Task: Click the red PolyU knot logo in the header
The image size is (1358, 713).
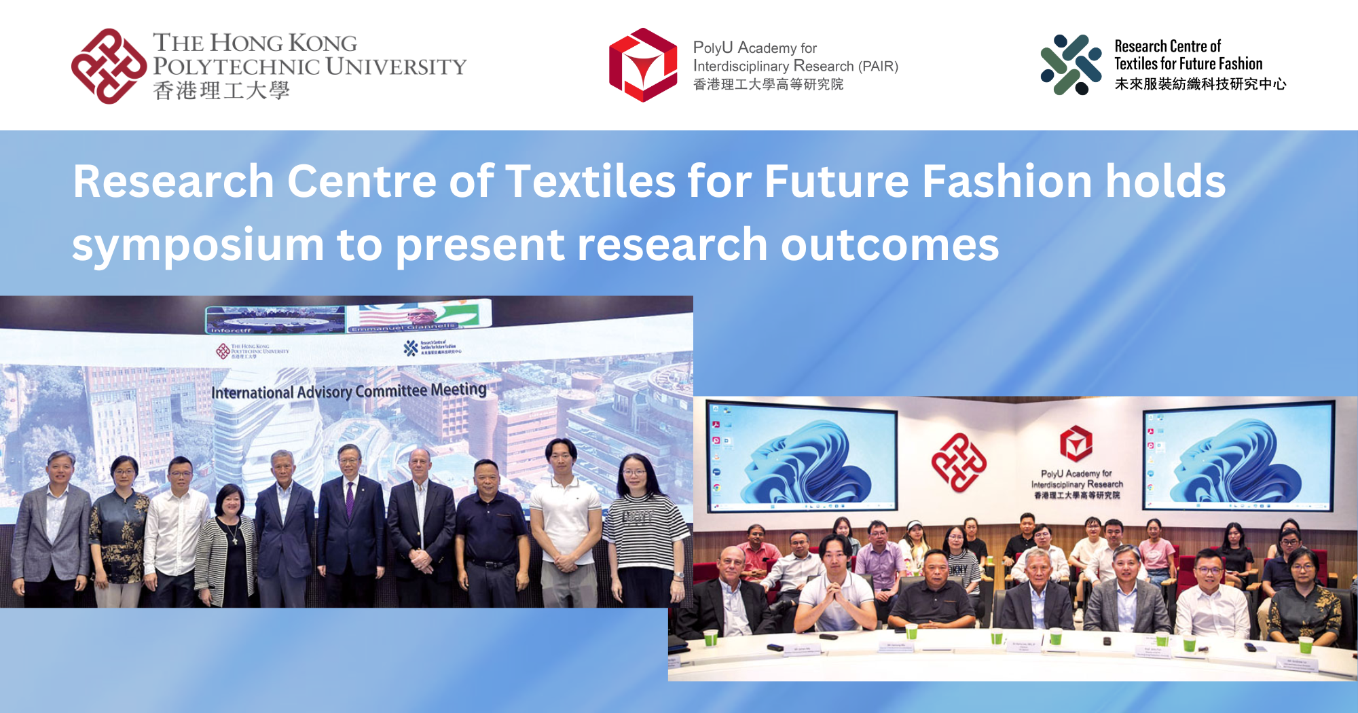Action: point(109,66)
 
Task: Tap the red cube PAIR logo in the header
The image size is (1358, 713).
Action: point(642,65)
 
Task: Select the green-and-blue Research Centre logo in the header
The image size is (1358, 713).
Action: point(1071,65)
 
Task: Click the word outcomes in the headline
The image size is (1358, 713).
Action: point(889,245)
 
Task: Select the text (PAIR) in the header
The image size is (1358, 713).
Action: point(878,67)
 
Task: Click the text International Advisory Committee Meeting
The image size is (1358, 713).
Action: point(349,391)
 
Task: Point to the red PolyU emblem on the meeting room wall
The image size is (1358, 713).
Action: point(959,462)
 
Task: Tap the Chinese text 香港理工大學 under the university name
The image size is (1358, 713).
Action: point(221,90)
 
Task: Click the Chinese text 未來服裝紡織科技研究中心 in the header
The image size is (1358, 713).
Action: point(1200,84)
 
